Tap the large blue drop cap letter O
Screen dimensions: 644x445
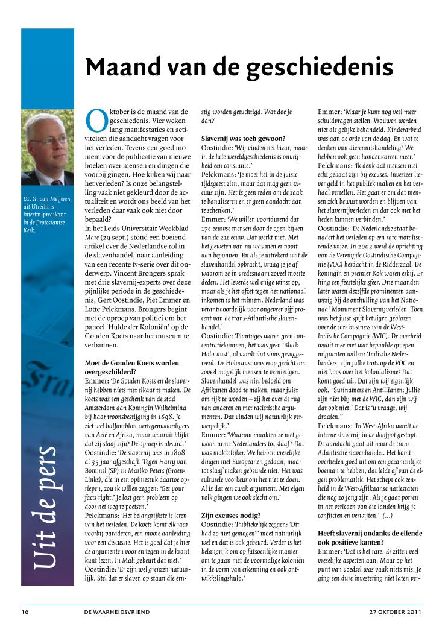(96, 121)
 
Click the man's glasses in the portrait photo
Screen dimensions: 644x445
(48, 140)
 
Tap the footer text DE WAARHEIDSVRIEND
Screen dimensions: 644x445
(116, 612)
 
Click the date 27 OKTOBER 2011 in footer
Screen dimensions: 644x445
(396, 612)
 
